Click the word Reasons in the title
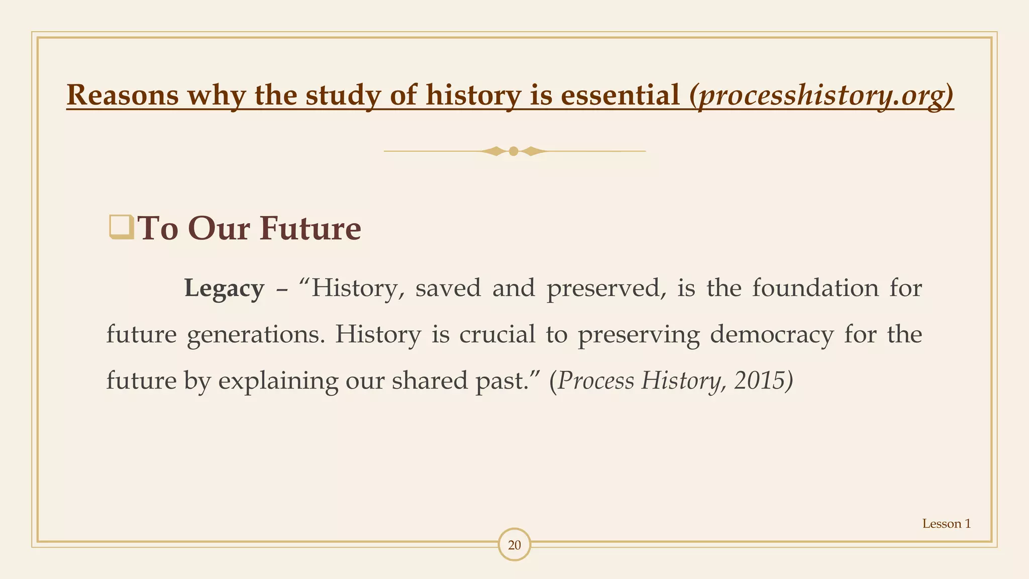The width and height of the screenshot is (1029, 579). coord(123,95)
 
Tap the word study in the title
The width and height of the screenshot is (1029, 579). coord(343,95)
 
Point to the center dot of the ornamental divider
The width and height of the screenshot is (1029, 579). coord(513,151)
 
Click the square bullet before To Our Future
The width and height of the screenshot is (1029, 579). coord(121,227)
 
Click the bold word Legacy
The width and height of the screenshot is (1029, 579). coord(224,288)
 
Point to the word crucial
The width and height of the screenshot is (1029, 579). coord(497,335)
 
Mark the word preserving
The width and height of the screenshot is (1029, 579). coord(639,335)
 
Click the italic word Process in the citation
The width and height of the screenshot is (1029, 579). coord(596,381)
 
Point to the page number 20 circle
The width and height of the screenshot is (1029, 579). coord(514,545)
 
